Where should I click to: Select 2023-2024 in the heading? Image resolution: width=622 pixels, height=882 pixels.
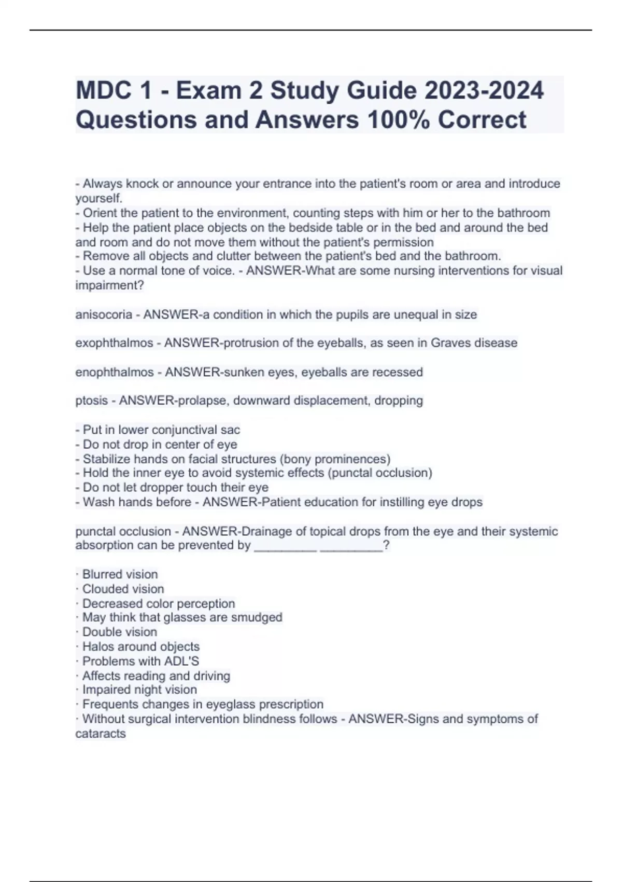point(484,91)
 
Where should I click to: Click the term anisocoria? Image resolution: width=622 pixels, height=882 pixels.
point(104,314)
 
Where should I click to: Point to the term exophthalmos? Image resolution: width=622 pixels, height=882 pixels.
point(114,343)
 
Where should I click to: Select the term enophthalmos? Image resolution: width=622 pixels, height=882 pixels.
point(115,372)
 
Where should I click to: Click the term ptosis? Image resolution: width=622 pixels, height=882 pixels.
point(92,401)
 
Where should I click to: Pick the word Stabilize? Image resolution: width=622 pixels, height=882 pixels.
point(106,459)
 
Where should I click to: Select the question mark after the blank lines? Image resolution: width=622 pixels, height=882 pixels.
point(386,545)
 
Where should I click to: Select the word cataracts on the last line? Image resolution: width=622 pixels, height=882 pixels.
point(101,734)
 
